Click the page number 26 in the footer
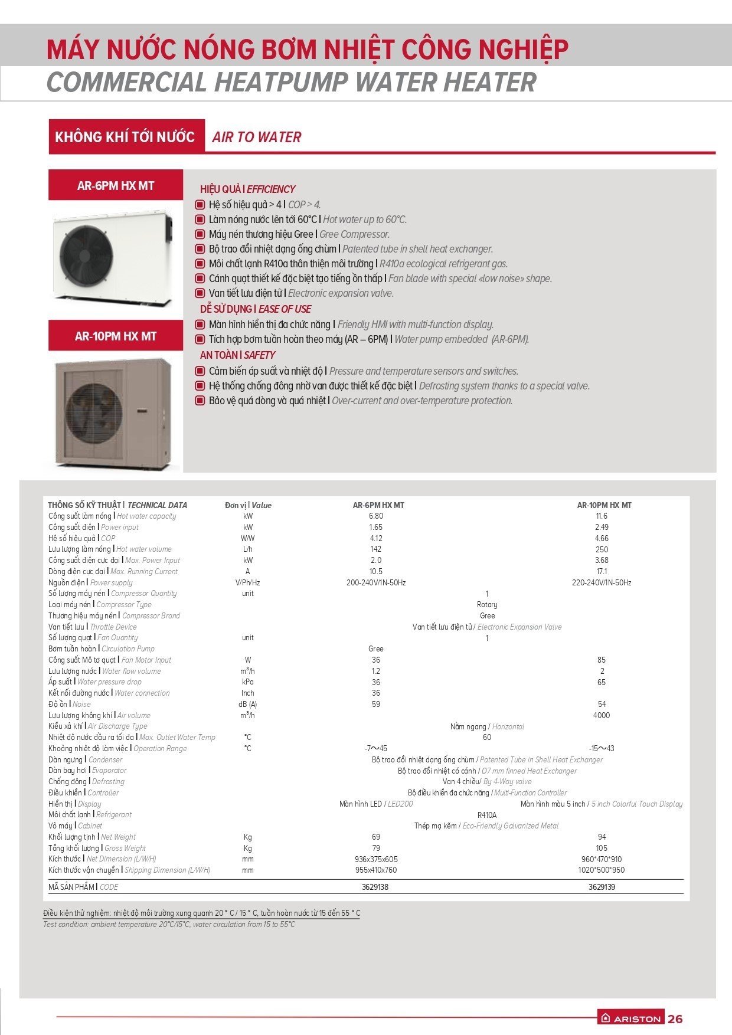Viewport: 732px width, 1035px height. click(x=675, y=1018)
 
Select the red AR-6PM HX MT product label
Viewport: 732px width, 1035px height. click(x=116, y=186)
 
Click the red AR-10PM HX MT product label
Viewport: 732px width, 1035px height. click(x=116, y=336)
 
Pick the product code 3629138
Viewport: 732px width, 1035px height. click(x=375, y=887)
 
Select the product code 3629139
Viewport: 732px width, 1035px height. click(x=602, y=887)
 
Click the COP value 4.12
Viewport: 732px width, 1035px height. click(x=375, y=538)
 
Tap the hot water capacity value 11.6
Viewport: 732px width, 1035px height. click(x=602, y=516)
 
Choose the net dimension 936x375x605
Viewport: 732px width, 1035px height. click(x=376, y=859)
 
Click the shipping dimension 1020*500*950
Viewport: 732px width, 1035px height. click(x=602, y=870)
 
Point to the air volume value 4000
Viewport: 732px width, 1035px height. click(x=602, y=715)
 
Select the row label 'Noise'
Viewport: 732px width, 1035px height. click(x=81, y=704)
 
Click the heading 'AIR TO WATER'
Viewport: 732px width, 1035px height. click(x=256, y=137)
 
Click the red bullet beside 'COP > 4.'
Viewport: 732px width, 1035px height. click(x=200, y=205)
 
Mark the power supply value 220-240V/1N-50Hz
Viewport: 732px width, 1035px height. click(x=602, y=582)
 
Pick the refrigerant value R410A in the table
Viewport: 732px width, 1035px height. click(x=487, y=815)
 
